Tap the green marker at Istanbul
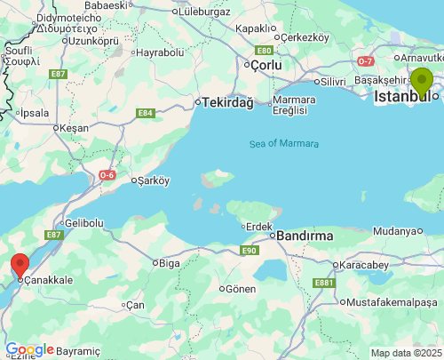pyautogui.click(x=421, y=82)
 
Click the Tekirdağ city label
pyautogui.click(x=227, y=102)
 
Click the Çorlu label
pyautogui.click(x=265, y=65)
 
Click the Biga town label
pyautogui.click(x=168, y=262)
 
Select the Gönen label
pyautogui.click(x=241, y=289)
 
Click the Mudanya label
pyautogui.click(x=393, y=231)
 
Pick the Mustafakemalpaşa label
pyautogui.click(x=390, y=302)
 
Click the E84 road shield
pyautogui.click(x=146, y=113)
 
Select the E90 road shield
pyautogui.click(x=248, y=252)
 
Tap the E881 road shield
pyautogui.click(x=324, y=283)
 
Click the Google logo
pyautogui.click(x=29, y=349)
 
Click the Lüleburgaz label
pyautogui.click(x=205, y=13)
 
